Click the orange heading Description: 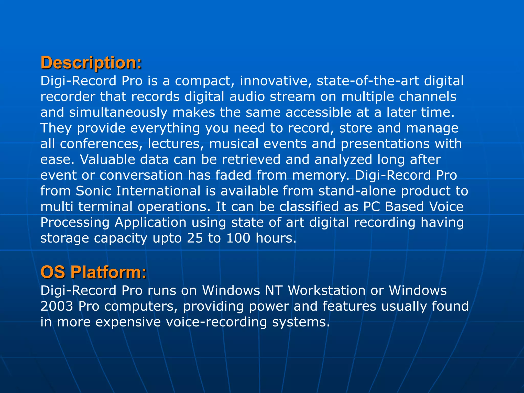(x=91, y=63)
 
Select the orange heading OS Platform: (x=93, y=272)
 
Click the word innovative (x=276, y=81)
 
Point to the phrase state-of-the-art (x=368, y=81)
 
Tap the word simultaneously (x=118, y=113)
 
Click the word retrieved (x=251, y=159)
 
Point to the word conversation (x=141, y=175)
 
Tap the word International (x=158, y=191)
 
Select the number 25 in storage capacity (x=195, y=238)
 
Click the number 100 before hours (x=238, y=238)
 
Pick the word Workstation (x=326, y=291)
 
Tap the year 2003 (x=57, y=306)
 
